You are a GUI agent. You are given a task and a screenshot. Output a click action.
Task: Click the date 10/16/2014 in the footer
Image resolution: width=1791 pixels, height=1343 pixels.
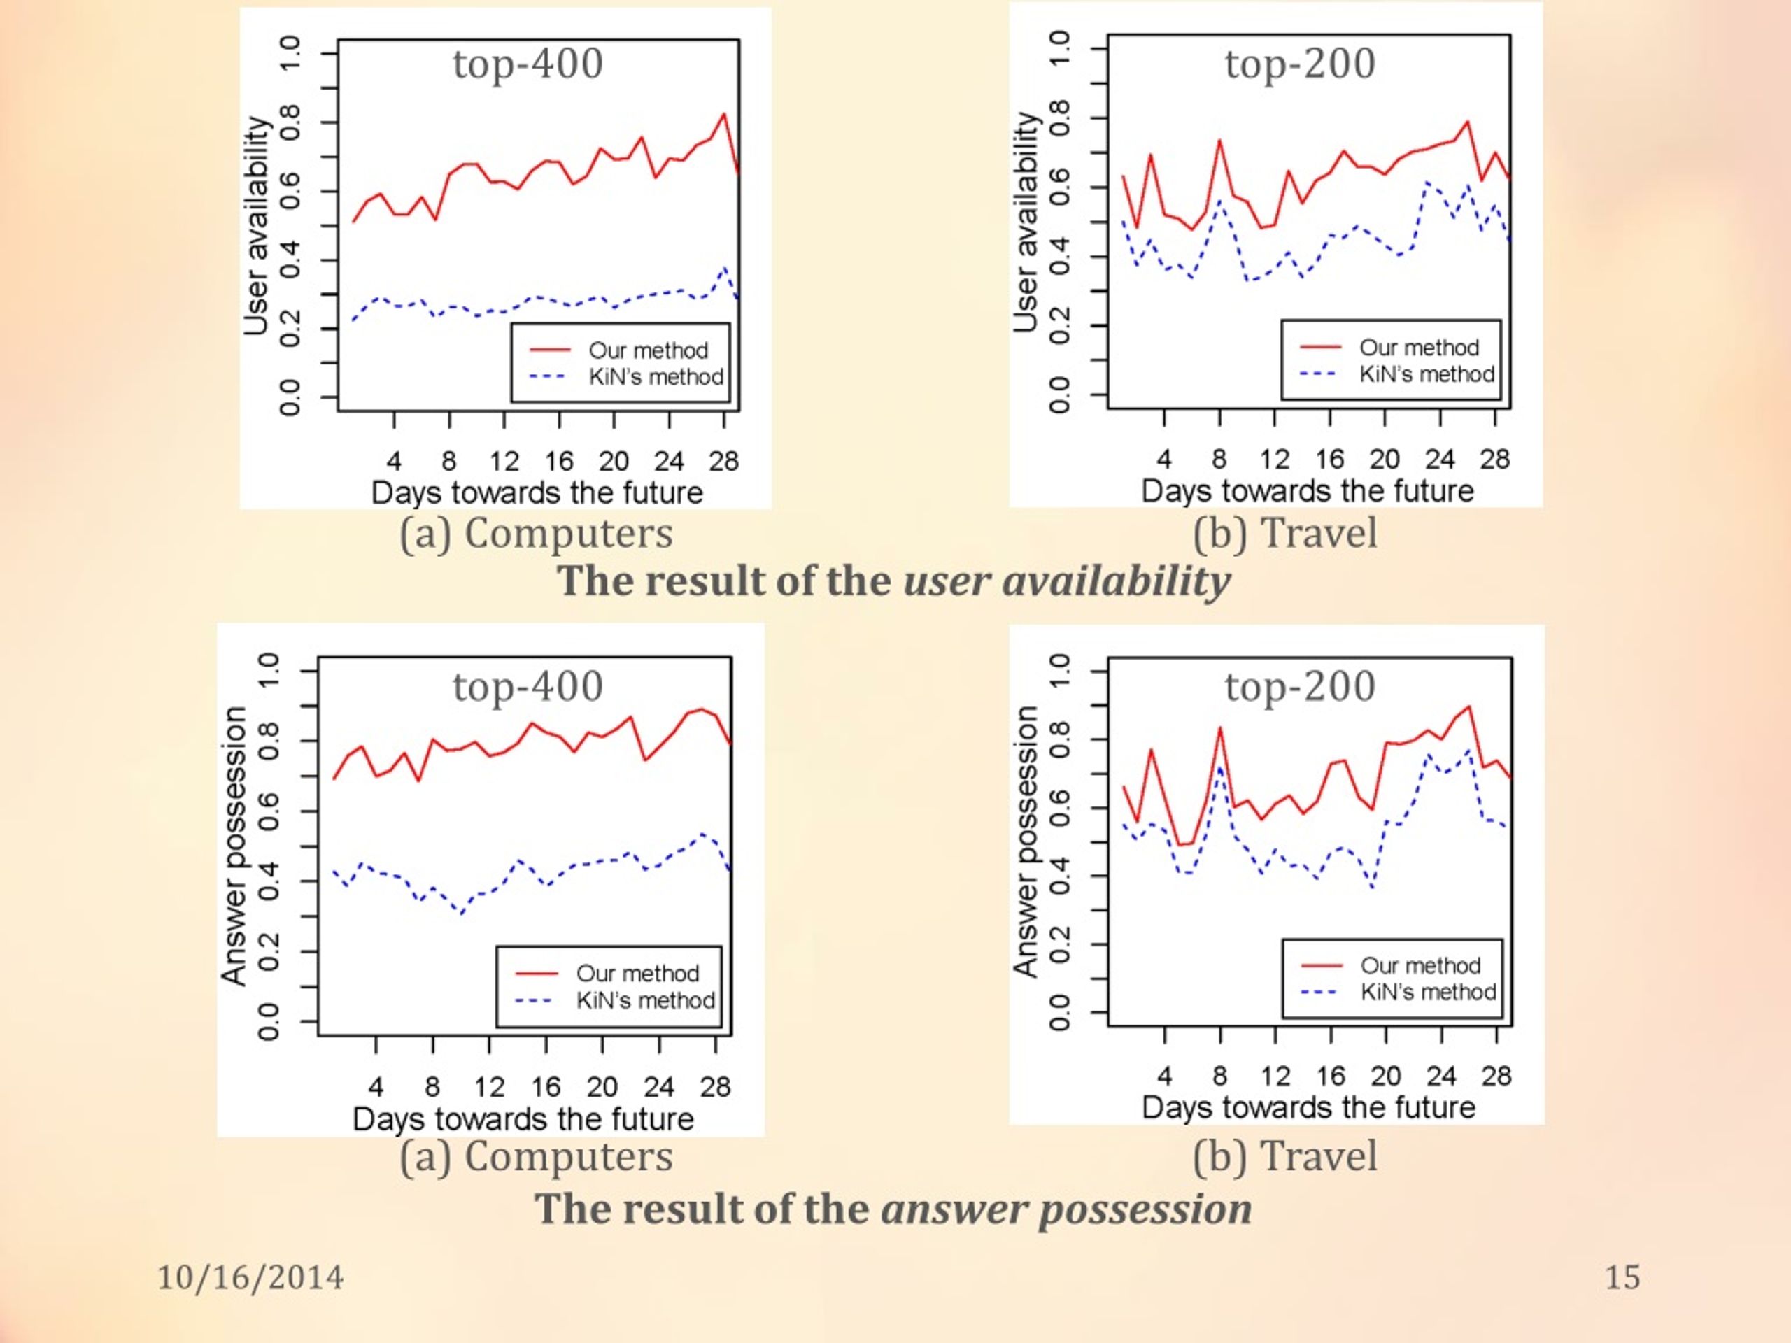(x=250, y=1277)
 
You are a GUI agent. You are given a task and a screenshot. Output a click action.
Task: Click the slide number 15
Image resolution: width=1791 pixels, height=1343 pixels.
(x=1622, y=1277)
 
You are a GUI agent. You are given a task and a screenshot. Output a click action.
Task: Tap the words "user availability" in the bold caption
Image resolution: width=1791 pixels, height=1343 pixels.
(x=1066, y=582)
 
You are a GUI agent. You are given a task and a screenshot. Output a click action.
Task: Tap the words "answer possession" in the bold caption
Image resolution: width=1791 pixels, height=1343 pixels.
(x=1066, y=1209)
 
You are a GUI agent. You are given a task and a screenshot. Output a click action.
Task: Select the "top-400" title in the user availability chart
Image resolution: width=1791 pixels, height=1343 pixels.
(x=528, y=64)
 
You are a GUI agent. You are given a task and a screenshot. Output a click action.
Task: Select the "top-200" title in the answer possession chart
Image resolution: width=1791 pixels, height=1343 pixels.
(x=1300, y=686)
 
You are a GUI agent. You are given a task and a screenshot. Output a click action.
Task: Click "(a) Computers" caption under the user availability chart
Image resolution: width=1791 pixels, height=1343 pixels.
(x=536, y=534)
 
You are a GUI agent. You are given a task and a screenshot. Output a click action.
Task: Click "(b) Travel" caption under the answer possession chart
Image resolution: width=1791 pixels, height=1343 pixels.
(x=1285, y=1156)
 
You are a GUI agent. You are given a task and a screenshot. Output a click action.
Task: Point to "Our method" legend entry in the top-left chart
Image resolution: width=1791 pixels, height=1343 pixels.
(x=648, y=350)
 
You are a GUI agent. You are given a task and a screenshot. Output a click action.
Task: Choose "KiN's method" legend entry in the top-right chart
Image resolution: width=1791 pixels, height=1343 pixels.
(x=1427, y=374)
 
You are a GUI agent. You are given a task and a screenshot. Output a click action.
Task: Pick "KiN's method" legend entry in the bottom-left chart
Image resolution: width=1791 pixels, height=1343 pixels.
(x=645, y=1000)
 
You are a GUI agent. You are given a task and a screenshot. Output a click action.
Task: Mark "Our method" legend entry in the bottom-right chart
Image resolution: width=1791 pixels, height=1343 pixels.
(x=1420, y=966)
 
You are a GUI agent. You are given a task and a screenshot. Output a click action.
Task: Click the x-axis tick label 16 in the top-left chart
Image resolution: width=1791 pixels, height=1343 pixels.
(x=559, y=462)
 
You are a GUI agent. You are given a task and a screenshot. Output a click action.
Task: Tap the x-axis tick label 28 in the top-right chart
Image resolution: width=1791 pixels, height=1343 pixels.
(x=1494, y=459)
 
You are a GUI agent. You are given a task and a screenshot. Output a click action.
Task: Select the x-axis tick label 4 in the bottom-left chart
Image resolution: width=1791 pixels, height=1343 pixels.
(x=376, y=1086)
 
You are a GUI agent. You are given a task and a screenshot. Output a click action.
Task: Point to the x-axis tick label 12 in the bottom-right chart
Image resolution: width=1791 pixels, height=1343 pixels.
(x=1275, y=1076)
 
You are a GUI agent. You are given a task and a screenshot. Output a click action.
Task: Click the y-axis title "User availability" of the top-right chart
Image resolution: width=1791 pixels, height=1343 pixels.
(x=1026, y=222)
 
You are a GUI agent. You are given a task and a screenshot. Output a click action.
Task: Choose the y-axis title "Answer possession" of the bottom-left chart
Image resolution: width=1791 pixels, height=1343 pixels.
(x=233, y=846)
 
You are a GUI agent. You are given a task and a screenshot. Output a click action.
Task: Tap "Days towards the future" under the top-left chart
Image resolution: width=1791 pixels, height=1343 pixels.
(x=537, y=493)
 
